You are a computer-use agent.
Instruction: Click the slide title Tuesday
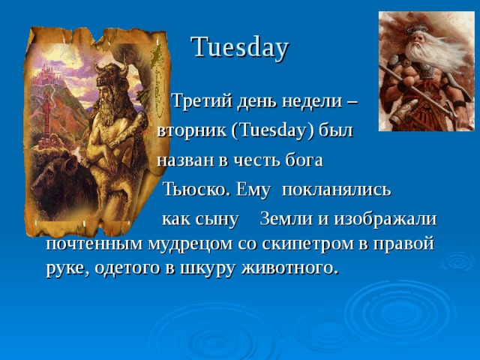pos(240,48)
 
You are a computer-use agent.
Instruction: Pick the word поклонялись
pos(336,190)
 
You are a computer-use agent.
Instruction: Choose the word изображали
pos(385,219)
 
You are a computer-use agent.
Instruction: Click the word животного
pos(291,268)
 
